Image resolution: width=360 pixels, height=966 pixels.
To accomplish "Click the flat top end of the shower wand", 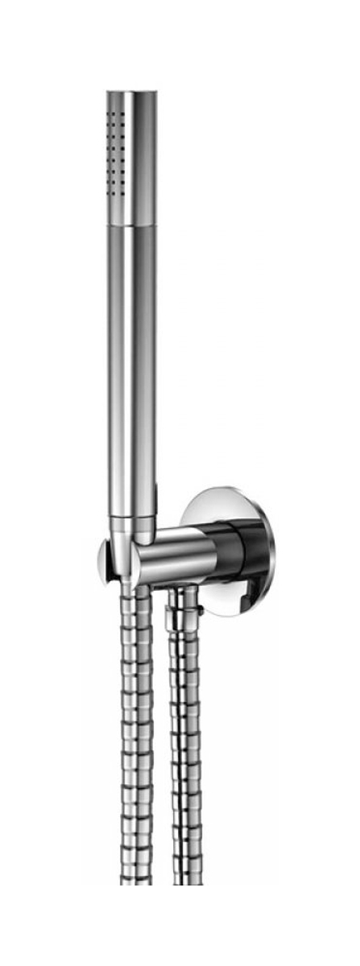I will [x=131, y=93].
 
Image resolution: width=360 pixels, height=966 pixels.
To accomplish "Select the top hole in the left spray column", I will [x=112, y=114].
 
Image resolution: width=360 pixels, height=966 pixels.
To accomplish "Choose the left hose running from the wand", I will [x=137, y=724].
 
